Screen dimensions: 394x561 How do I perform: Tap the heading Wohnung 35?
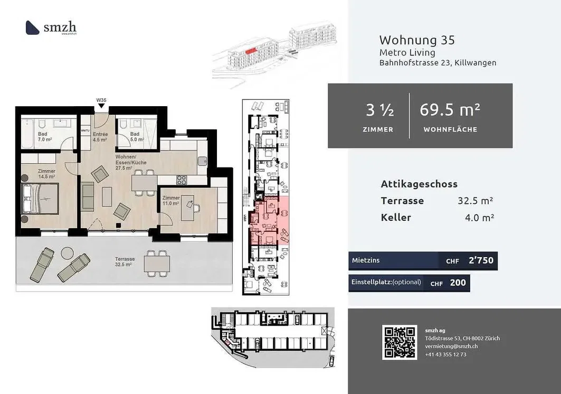pos(416,40)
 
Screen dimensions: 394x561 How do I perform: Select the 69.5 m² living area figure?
pos(450,110)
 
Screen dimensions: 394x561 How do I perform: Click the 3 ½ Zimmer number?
pos(379,110)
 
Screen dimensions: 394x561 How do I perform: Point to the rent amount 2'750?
pos(480,261)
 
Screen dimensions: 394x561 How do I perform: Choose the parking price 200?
pos(458,283)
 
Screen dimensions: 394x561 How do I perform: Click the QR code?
pos(400,342)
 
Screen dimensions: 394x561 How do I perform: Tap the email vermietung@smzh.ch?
pos(451,346)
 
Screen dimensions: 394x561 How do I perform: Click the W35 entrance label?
pos(101,100)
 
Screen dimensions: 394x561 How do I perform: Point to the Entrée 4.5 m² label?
pos(100,137)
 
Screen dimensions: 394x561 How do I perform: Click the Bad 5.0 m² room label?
pos(135,137)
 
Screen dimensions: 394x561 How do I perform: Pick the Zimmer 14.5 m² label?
pos(46,174)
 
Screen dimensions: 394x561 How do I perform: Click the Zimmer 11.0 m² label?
pos(170,200)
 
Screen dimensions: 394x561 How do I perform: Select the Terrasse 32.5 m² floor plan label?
pos(126,261)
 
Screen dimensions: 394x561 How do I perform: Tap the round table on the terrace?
pos(66,253)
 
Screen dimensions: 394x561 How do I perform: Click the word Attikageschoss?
pos(419,184)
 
